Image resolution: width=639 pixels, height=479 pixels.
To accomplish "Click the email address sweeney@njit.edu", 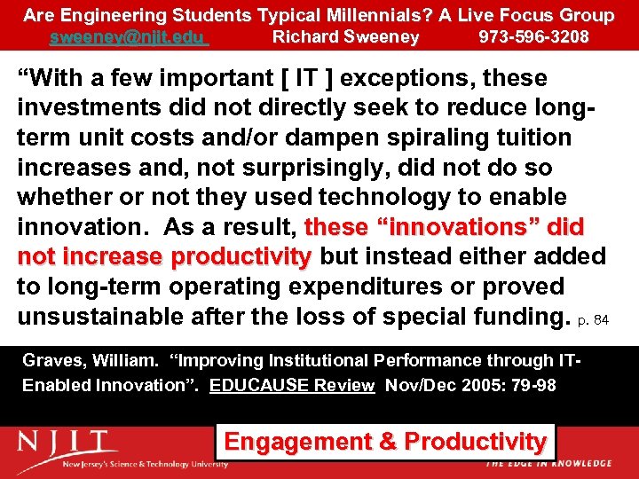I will [129, 37].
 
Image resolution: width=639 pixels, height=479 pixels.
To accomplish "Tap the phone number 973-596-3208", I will [533, 37].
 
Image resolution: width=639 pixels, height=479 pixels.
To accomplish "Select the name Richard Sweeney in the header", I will [345, 37].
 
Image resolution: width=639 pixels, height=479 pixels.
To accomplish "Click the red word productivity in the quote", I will [241, 257].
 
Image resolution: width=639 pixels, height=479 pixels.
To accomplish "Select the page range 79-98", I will [532, 386].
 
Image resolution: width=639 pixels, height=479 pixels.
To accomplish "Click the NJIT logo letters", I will [67, 441].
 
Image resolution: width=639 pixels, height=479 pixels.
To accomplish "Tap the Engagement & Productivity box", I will [384, 441].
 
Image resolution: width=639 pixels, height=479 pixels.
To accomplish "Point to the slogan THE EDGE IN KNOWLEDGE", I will [548, 463].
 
